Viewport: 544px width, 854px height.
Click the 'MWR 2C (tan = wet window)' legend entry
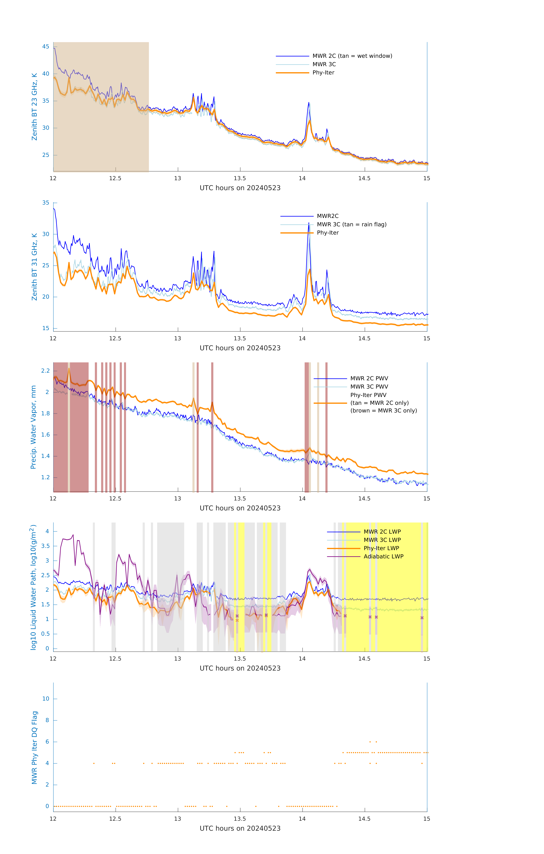tap(352, 56)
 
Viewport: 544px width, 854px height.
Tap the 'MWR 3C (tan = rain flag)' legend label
tap(351, 224)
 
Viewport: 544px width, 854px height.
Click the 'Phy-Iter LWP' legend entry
tap(381, 548)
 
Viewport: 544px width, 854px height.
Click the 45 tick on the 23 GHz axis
tap(46, 46)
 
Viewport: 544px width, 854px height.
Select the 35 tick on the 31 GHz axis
tap(46, 203)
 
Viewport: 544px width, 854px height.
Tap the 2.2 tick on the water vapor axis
tap(45, 371)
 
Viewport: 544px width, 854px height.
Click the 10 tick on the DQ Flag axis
tap(46, 699)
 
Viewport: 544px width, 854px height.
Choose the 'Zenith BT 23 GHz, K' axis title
tap(34, 107)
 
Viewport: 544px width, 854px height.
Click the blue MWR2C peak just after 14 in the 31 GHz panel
tap(309, 223)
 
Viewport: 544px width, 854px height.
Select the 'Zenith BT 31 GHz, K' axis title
tap(34, 267)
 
